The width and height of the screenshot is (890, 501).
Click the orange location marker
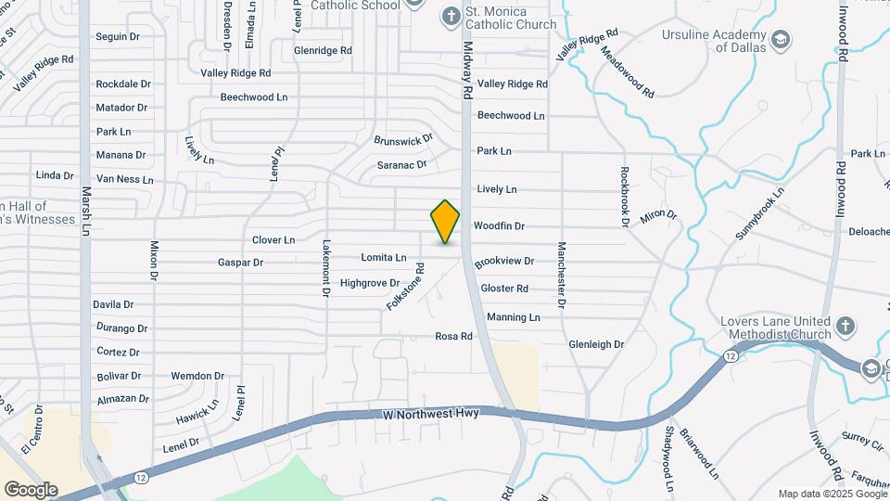pos(445,222)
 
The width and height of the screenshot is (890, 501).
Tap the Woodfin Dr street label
pos(499,226)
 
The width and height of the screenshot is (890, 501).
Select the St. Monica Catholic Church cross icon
pos(451,16)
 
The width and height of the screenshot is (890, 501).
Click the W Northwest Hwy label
pos(430,413)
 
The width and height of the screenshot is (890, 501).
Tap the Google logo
pos(31,489)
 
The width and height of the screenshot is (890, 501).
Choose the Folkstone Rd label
pos(405,286)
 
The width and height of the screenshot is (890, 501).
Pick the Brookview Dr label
pos(504,263)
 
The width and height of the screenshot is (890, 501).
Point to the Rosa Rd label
pos(454,336)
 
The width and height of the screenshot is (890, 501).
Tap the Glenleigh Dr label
pos(596,344)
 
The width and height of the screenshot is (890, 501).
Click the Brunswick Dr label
pos(403,140)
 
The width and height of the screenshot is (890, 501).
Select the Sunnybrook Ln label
pos(759,214)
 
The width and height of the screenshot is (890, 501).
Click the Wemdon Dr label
pos(197,377)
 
